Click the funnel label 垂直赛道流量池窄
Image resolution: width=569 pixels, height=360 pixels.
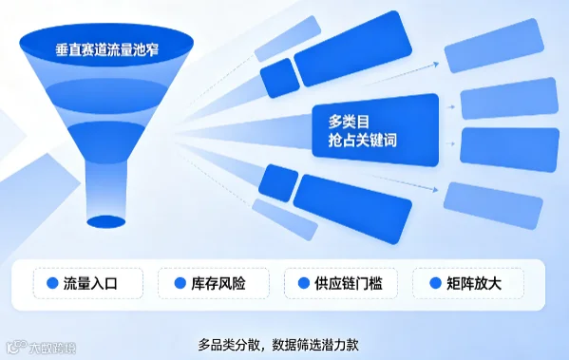pyautogui.click(x=107, y=49)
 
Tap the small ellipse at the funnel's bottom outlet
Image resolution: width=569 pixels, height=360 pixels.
pyautogui.click(x=106, y=221)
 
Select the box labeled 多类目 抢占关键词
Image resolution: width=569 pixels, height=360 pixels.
pyautogui.click(x=375, y=130)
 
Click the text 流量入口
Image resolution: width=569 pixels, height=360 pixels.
pyautogui.click(x=90, y=283)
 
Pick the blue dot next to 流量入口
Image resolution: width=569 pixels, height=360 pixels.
pyautogui.click(x=52, y=283)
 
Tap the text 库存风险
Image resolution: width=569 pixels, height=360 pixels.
pyautogui.click(x=218, y=283)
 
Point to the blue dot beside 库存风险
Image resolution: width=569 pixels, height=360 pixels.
pyautogui.click(x=180, y=283)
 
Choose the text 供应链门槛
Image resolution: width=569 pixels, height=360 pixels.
pyautogui.click(x=349, y=283)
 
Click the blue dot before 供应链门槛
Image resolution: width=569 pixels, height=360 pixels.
pyautogui.click(x=304, y=283)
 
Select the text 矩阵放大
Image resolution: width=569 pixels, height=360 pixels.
pyautogui.click(x=474, y=283)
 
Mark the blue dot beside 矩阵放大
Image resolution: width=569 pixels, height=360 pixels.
pyautogui.click(x=435, y=283)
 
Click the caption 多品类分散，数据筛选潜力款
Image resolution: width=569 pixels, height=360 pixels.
pyautogui.click(x=278, y=345)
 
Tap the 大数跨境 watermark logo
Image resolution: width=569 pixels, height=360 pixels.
pyautogui.click(x=42, y=348)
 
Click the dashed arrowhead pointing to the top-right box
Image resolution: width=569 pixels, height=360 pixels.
pyautogui.click(x=436, y=65)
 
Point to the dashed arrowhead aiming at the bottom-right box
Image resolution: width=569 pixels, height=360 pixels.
pyautogui.click(x=435, y=189)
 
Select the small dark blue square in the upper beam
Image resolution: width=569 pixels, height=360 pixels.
pyautogui.click(x=280, y=78)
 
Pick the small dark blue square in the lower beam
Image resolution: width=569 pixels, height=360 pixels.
pyautogui.click(x=278, y=183)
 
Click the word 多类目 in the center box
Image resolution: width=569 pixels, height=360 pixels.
pyautogui.click(x=349, y=122)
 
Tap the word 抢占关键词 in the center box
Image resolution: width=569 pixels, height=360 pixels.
pyautogui.click(x=362, y=140)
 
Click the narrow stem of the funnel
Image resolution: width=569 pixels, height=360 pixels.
pyautogui.click(x=106, y=189)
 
